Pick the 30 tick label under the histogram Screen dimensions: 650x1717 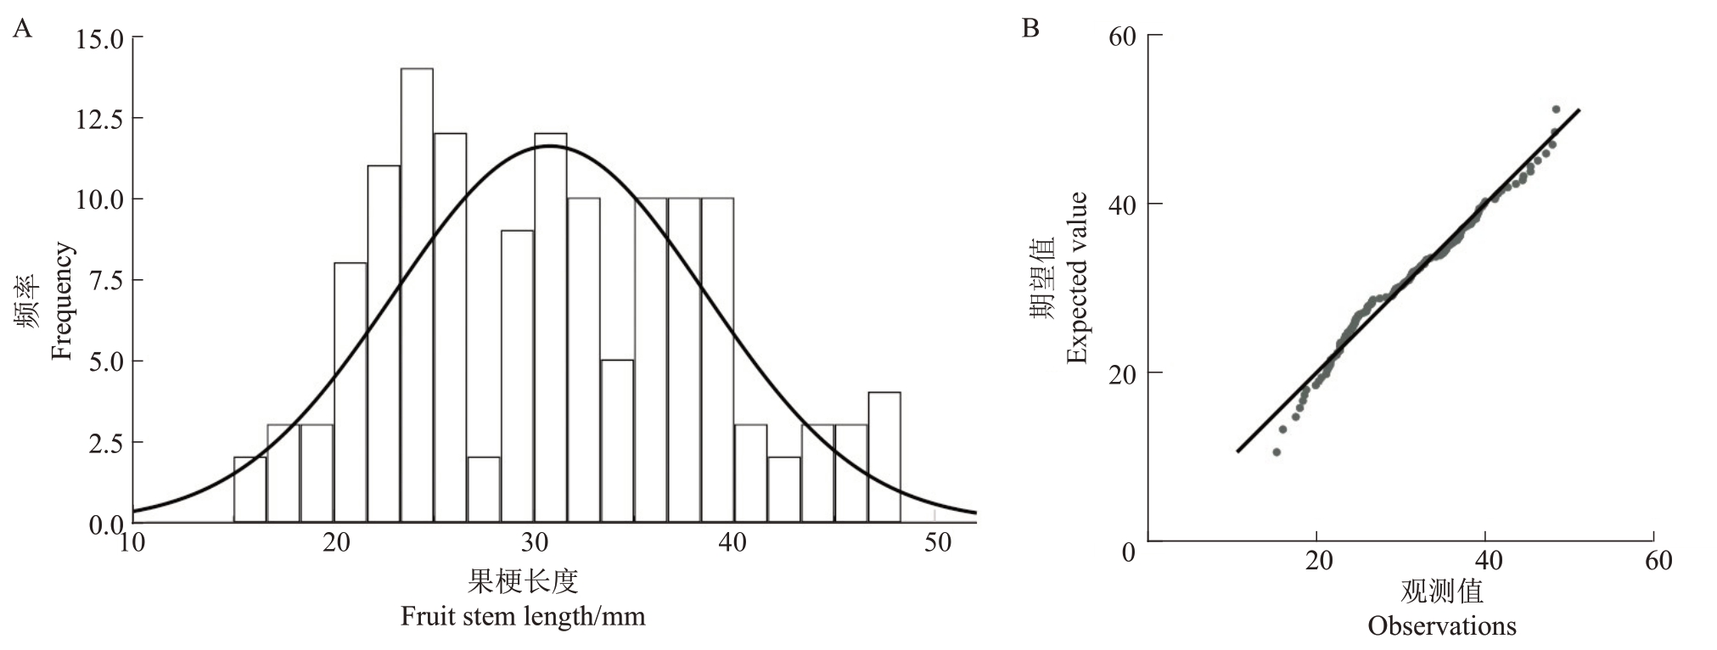(535, 541)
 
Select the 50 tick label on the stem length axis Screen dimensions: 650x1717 (938, 541)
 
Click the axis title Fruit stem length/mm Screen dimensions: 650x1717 (523, 615)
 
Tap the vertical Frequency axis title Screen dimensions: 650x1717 (61, 301)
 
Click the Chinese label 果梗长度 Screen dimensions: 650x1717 (523, 582)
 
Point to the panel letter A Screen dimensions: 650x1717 (23, 31)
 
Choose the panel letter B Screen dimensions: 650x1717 (1030, 29)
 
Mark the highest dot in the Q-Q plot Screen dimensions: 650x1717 (1556, 109)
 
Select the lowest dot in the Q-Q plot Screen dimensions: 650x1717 (1276, 452)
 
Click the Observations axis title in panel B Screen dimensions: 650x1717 (1442, 626)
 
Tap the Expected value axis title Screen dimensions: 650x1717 (1077, 278)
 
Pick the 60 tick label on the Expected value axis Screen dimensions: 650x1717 (1122, 37)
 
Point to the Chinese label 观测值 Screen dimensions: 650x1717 (1442, 591)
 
